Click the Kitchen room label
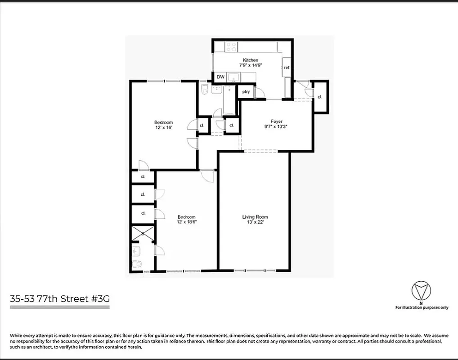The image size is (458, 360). click(x=251, y=60)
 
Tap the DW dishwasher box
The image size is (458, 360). click(x=220, y=77)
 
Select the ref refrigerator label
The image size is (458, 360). click(x=286, y=67)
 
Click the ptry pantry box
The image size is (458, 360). click(x=246, y=92)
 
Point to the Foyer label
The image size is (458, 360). click(x=276, y=121)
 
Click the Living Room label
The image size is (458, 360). click(x=255, y=217)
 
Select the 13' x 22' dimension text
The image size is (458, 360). click(x=255, y=223)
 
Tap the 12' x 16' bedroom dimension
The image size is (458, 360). click(x=163, y=128)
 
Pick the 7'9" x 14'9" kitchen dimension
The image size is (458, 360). click(x=251, y=65)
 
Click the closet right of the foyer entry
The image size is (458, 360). click(x=320, y=97)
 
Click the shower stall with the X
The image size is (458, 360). click(x=142, y=234)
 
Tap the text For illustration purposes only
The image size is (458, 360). click(x=422, y=308)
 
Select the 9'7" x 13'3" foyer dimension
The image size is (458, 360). click(x=276, y=126)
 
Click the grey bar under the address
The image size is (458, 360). click(x=60, y=307)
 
